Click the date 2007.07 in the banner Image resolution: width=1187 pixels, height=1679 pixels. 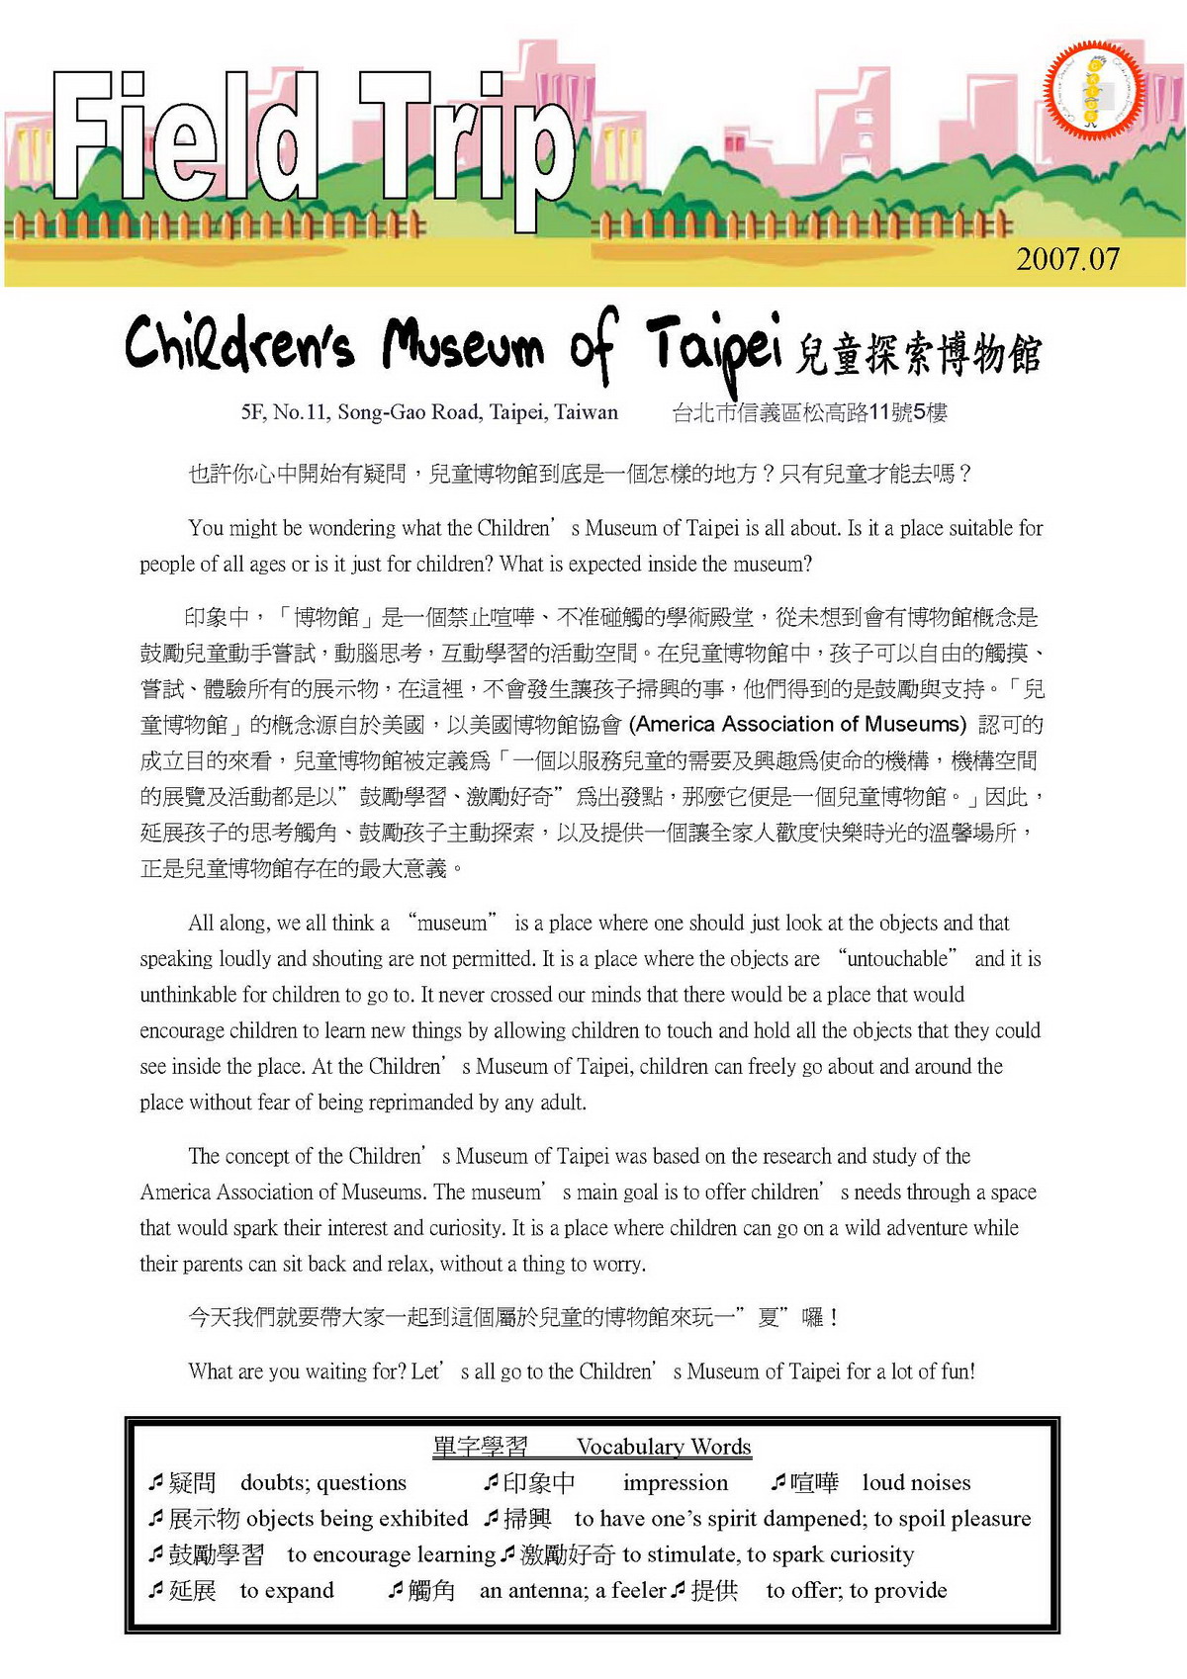click(x=1067, y=259)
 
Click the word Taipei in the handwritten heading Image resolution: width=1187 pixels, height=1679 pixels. click(x=714, y=344)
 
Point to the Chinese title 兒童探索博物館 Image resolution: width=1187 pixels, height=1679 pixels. click(x=918, y=354)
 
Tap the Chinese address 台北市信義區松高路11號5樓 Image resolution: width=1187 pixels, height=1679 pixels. click(x=809, y=412)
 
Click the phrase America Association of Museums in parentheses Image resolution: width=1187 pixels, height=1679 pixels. click(x=799, y=724)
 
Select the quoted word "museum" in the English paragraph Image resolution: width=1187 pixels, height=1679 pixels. click(x=453, y=924)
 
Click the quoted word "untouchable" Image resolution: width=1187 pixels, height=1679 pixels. click(x=898, y=959)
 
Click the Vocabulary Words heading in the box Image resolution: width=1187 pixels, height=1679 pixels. click(x=664, y=1447)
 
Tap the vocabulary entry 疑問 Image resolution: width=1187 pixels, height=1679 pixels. click(x=192, y=1483)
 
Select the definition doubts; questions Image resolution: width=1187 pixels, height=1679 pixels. click(x=323, y=1483)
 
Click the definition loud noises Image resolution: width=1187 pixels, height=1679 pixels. click(x=916, y=1483)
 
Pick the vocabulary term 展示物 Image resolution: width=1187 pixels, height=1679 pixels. click(x=205, y=1519)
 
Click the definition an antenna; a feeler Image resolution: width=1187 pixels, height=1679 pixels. click(x=573, y=1591)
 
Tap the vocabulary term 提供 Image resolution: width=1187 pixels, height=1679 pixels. click(x=714, y=1591)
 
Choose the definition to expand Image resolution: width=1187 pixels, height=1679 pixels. click(x=287, y=1591)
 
